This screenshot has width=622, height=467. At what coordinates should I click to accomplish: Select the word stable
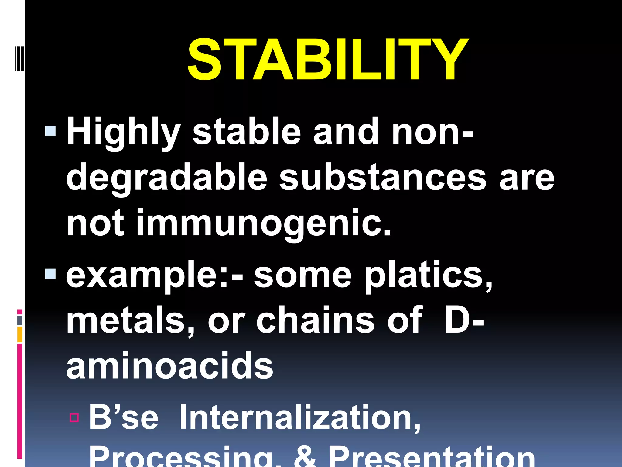pos(247,132)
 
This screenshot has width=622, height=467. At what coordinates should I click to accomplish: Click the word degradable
pos(166,178)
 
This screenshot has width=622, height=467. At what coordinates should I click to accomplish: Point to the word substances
pos(383,178)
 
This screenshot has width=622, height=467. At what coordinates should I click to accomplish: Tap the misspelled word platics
pos(428,275)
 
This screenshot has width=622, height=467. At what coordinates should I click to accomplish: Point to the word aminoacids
pos(169,366)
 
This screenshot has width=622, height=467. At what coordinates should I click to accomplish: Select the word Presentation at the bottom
pos(432,458)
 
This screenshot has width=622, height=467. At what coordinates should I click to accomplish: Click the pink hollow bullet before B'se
pos(74,418)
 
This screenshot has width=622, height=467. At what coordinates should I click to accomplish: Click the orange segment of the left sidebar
pos(20,334)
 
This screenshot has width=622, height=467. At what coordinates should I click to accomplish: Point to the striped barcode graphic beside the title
pos(19,58)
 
